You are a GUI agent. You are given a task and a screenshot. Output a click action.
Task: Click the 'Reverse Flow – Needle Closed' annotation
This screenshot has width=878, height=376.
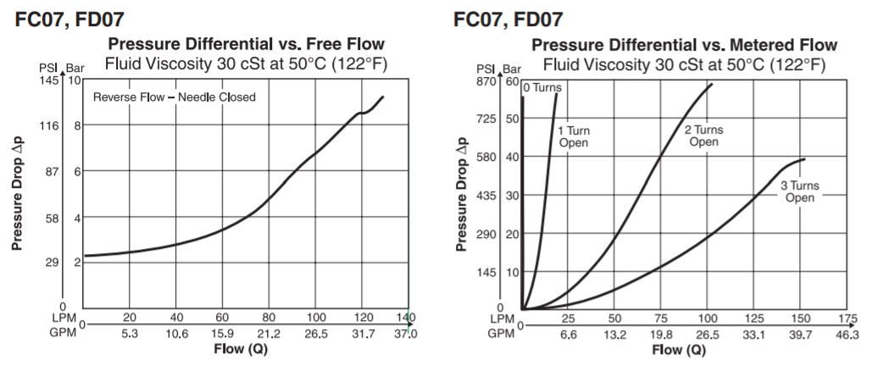(x=174, y=97)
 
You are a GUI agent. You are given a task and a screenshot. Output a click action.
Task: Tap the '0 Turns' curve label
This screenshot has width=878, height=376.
(x=542, y=87)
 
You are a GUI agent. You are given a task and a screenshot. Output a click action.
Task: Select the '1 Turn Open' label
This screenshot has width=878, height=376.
(x=573, y=136)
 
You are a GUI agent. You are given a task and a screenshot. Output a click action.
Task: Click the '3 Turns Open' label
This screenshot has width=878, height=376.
(x=799, y=191)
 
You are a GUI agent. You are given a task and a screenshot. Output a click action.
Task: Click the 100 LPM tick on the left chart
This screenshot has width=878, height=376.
(x=315, y=318)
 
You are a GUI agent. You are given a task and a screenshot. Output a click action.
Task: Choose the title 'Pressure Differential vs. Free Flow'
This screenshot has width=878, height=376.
(x=245, y=44)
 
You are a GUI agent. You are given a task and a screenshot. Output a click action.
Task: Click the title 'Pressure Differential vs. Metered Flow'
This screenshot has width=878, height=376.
(x=684, y=45)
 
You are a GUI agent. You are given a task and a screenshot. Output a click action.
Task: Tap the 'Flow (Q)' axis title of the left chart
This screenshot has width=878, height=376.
(x=247, y=349)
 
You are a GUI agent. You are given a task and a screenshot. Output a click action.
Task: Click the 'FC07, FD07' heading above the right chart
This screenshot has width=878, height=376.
(x=508, y=19)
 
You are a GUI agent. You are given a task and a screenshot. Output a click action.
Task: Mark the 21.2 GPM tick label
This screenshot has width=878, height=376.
(x=269, y=334)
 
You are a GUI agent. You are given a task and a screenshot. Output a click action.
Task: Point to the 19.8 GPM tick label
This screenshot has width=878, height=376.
(x=660, y=335)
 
